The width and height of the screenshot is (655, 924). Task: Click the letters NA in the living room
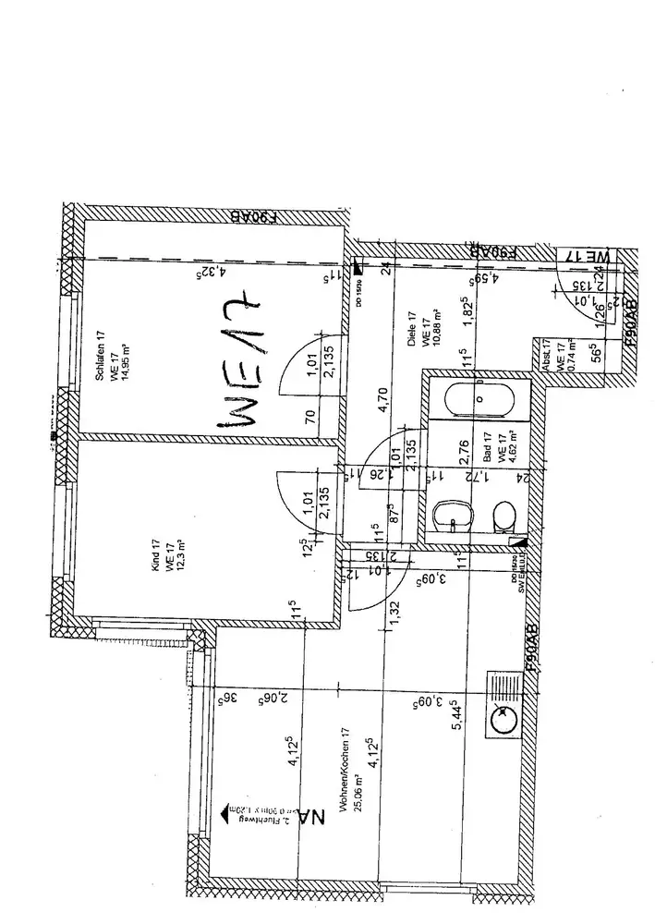pos(315,819)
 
